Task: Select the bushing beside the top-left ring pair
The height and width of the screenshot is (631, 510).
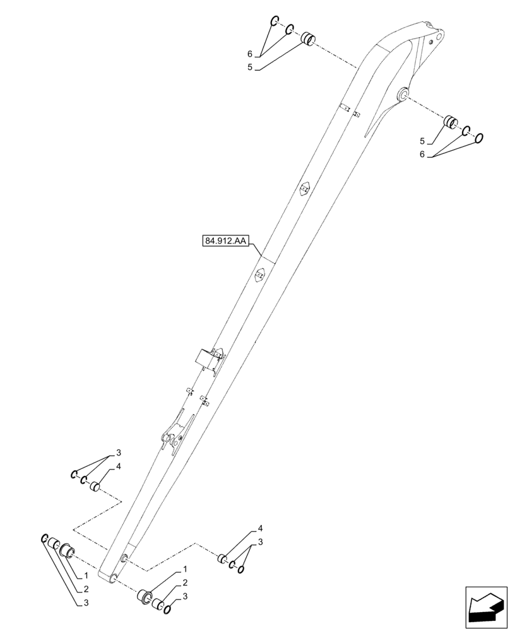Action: pos(307,39)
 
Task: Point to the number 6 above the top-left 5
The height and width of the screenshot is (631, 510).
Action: pos(250,54)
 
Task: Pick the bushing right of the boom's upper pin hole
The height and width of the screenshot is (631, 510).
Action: pos(451,122)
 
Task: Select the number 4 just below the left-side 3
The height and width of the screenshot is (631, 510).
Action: pos(118,466)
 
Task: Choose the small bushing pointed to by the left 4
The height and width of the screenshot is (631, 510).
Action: pos(96,487)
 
